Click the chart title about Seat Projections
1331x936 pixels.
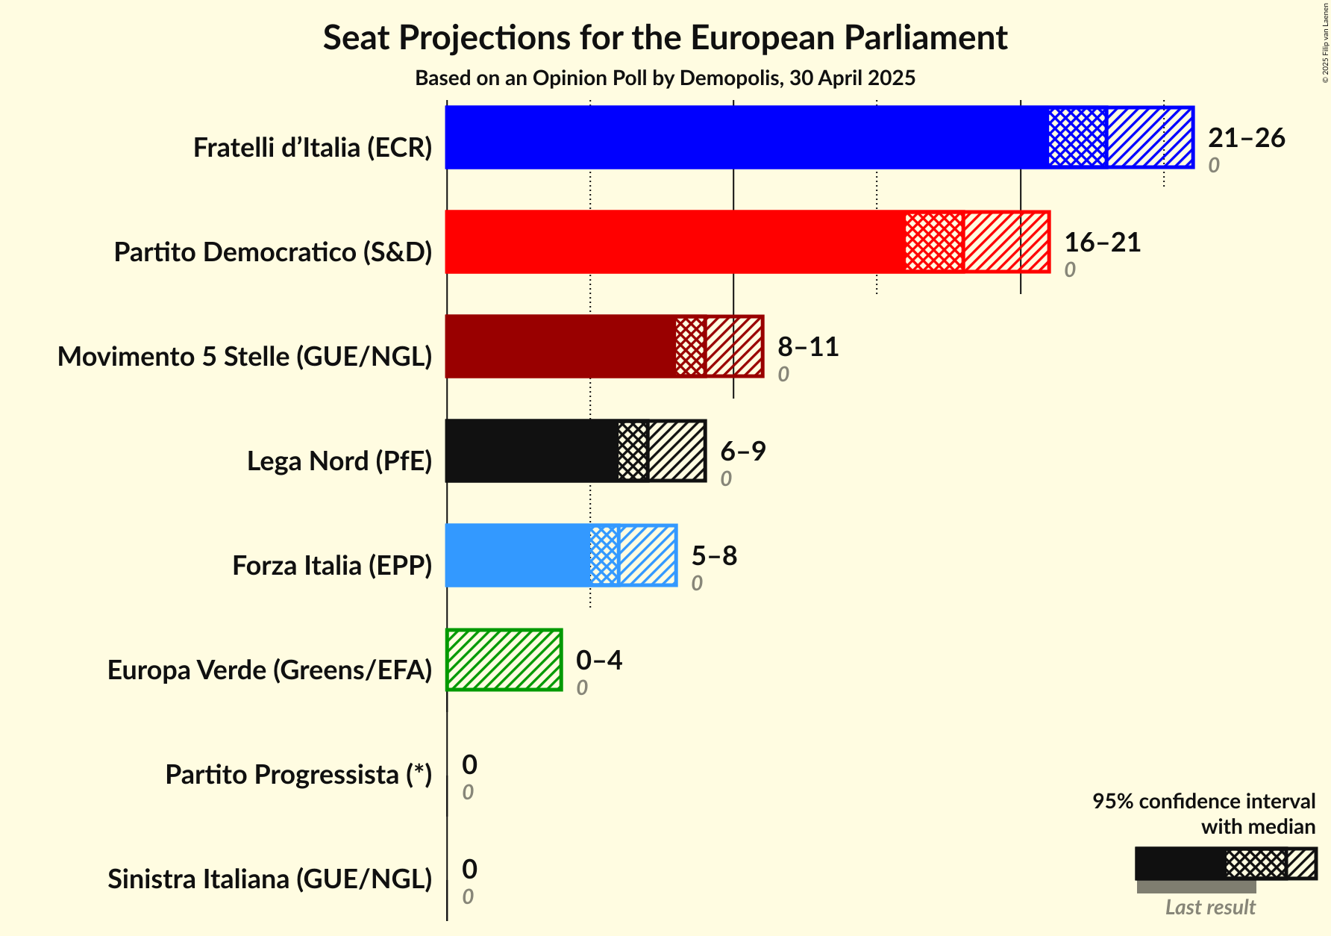click(665, 38)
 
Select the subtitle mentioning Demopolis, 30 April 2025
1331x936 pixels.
click(665, 78)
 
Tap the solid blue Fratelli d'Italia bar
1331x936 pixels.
click(746, 137)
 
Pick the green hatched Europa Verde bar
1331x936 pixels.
click(504, 660)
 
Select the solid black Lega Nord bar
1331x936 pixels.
click(532, 451)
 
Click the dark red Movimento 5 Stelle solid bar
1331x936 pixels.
click(560, 346)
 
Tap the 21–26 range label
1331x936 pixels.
click(1246, 138)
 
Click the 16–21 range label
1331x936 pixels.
click(1102, 243)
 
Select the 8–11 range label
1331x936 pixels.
click(808, 347)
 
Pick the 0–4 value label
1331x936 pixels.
click(598, 661)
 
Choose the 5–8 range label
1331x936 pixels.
click(714, 556)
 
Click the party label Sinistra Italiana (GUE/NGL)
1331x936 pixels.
click(270, 879)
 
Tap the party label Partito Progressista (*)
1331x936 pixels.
click(298, 775)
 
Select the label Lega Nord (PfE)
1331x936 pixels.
click(339, 461)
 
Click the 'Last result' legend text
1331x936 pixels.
click(1210, 908)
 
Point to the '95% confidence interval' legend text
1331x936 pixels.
click(1203, 802)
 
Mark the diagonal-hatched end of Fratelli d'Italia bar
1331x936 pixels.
click(1150, 137)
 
